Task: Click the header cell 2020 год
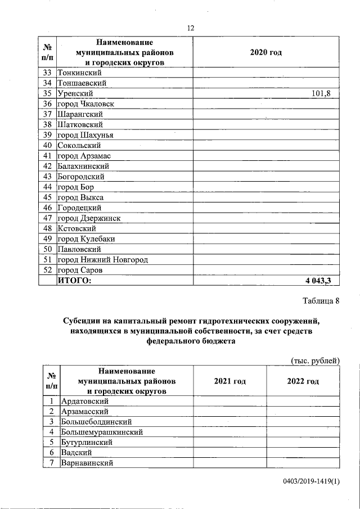click(x=265, y=52)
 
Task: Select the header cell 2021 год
click(x=229, y=381)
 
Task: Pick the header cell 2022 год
click(x=303, y=381)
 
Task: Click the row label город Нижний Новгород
click(x=103, y=260)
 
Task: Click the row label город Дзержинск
click(x=89, y=218)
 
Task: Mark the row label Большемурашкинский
click(x=102, y=432)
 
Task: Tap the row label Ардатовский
click(x=84, y=401)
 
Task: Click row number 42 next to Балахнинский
click(x=47, y=166)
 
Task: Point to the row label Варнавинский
click(x=87, y=463)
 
